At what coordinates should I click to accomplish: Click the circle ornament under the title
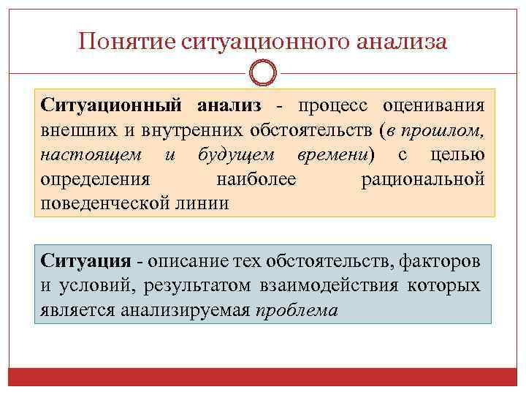pyautogui.click(x=263, y=73)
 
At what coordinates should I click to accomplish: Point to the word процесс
pyautogui.click(x=330, y=107)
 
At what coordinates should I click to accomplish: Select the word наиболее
pyautogui.click(x=256, y=180)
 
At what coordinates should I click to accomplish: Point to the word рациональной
pyautogui.click(x=422, y=180)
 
